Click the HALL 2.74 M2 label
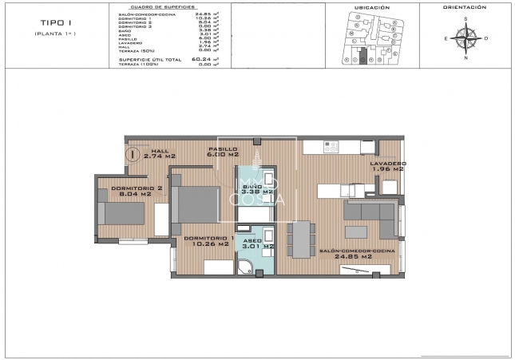click(160, 154)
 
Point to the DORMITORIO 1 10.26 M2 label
click(209, 242)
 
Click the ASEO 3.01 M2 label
click(258, 243)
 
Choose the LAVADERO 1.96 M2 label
click(386, 166)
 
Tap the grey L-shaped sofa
click(371, 216)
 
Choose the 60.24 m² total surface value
click(206, 58)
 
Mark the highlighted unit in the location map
click(363, 57)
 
